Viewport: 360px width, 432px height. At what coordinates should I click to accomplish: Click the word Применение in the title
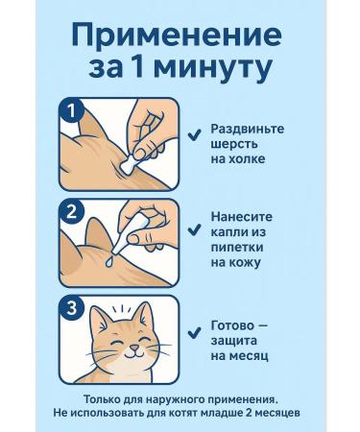[x=177, y=36]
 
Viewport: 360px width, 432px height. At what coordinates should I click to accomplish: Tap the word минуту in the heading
[x=215, y=69]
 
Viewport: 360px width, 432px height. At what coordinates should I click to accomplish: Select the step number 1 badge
[x=71, y=111]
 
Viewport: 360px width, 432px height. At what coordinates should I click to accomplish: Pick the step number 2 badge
[x=71, y=211]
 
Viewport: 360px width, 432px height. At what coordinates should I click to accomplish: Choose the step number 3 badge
[x=71, y=308]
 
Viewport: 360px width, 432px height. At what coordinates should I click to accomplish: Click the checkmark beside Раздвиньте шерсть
[x=194, y=135]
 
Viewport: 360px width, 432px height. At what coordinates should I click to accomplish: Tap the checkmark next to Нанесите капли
[x=194, y=229]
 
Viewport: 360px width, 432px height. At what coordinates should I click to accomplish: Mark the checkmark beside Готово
[x=194, y=332]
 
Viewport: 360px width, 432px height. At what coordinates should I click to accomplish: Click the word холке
[x=246, y=159]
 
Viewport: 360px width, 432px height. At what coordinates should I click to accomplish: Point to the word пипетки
[x=237, y=248]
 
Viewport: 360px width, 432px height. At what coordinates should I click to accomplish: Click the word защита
[x=233, y=341]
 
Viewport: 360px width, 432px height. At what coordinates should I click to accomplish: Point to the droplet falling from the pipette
[x=109, y=261]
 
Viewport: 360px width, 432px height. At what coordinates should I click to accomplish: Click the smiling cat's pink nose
[x=135, y=348]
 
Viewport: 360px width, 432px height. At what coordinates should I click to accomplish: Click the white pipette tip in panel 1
[x=127, y=166]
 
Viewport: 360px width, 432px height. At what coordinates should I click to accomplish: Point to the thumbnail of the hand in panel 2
[x=134, y=238]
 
